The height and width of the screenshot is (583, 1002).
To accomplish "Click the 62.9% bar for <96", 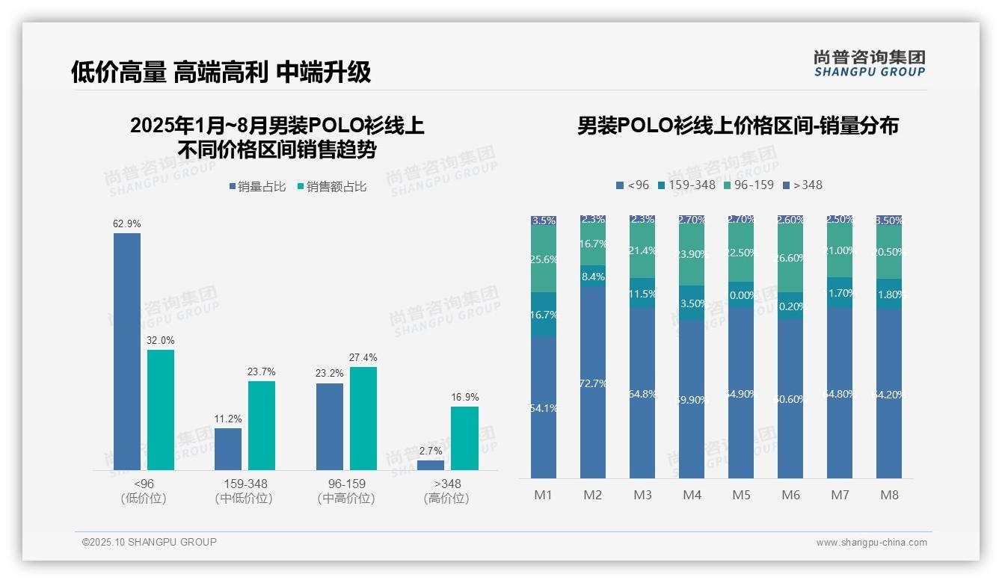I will (127, 351).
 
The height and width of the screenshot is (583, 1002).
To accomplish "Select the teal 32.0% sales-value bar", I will (161, 410).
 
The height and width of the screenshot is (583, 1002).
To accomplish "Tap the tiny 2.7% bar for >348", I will (431, 465).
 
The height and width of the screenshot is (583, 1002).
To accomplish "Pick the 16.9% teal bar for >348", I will (464, 438).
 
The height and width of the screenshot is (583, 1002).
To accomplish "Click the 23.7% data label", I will (262, 371).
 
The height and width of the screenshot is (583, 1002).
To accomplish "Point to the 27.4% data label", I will (363, 357).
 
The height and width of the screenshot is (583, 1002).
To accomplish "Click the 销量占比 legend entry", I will (257, 187).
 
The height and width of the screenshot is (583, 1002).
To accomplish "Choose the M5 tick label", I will (741, 495).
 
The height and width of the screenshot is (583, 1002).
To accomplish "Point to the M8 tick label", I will (889, 495).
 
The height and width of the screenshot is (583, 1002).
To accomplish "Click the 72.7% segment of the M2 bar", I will (593, 383).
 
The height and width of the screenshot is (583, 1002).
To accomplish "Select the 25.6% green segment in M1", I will (544, 259).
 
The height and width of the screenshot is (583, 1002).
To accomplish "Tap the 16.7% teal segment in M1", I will (544, 315).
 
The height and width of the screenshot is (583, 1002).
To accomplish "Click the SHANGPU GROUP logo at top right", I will (869, 64).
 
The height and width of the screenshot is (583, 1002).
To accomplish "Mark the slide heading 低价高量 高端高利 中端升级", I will (221, 72).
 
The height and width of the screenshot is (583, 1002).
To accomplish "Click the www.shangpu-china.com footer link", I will (871, 543).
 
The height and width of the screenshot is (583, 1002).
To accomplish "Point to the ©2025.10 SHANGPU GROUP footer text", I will (150, 542).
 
